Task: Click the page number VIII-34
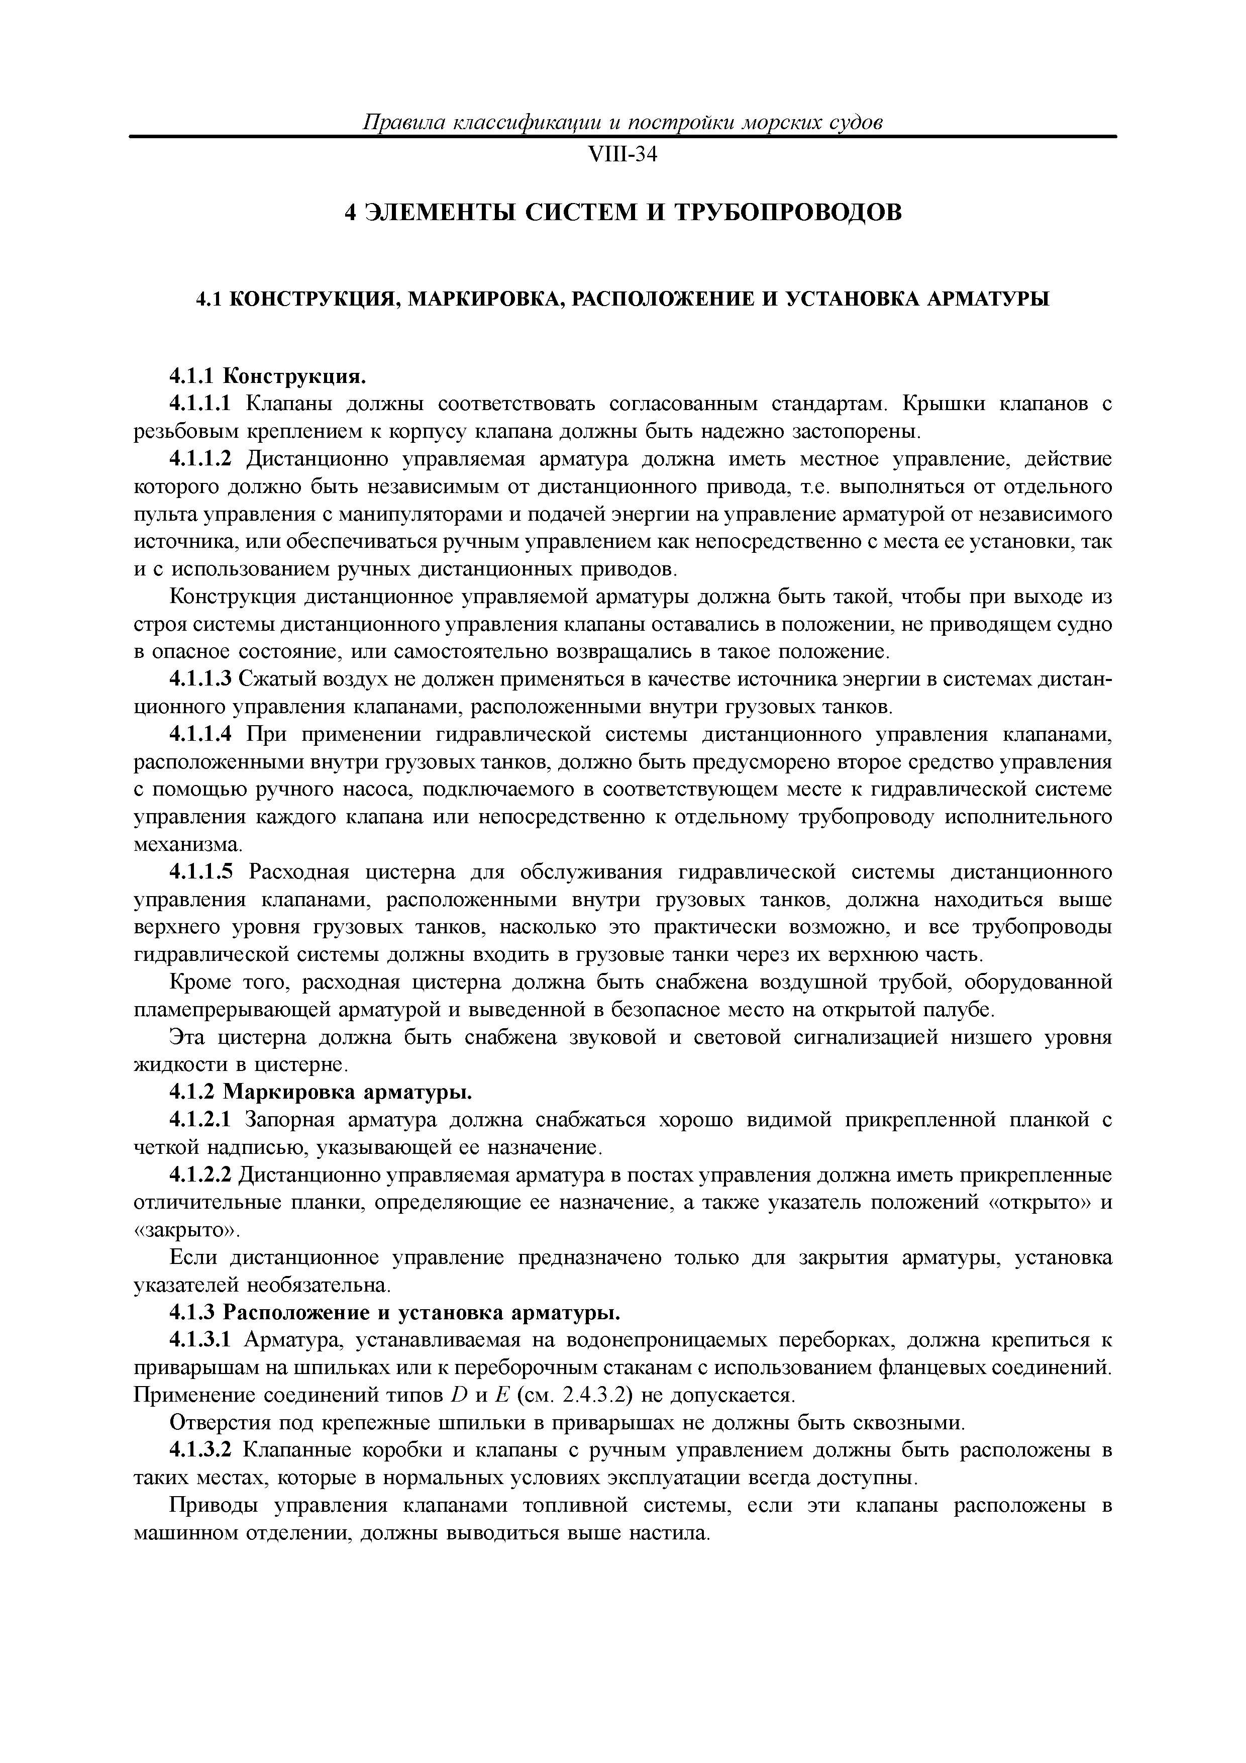pyautogui.click(x=622, y=155)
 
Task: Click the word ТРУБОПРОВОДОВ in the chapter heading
pyautogui.click(x=788, y=212)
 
